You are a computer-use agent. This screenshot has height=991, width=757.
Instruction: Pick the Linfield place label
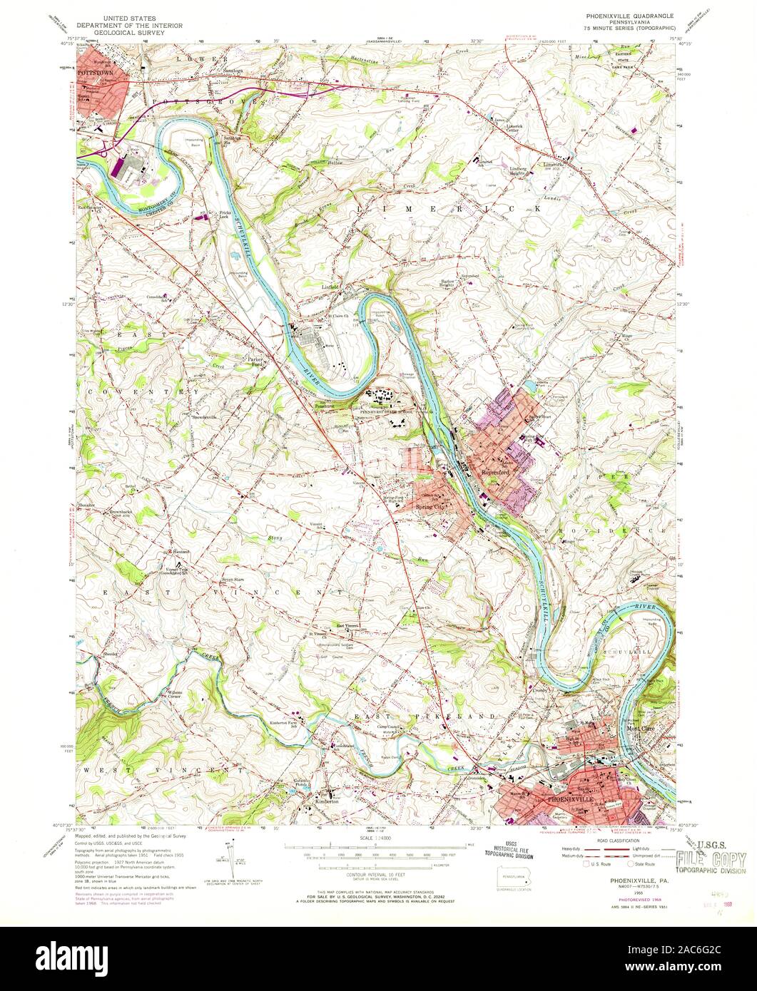[330, 287]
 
